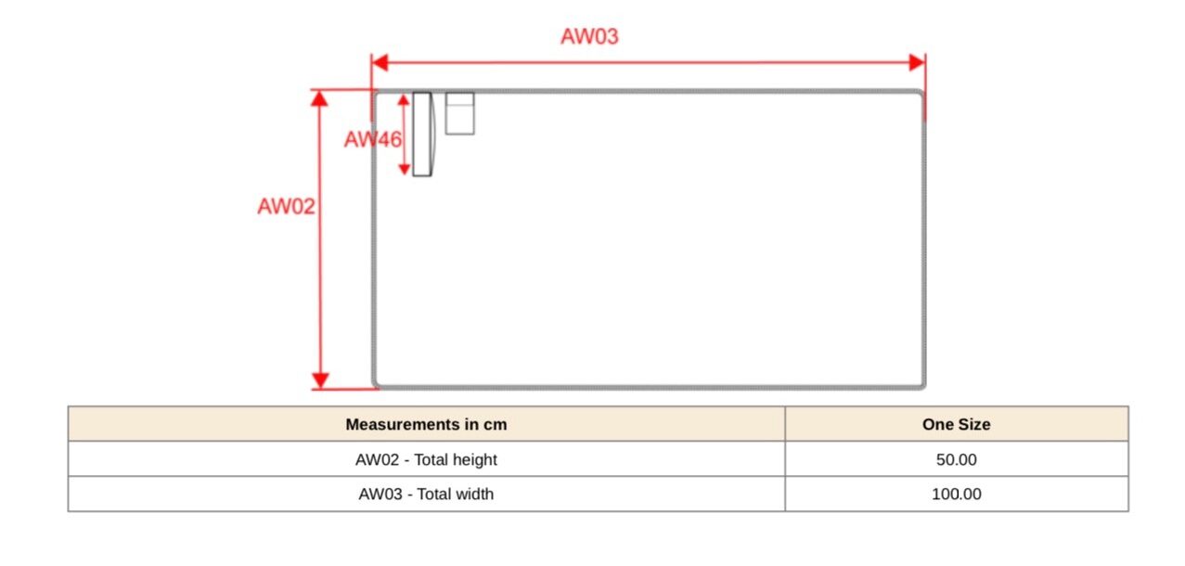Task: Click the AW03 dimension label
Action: (589, 37)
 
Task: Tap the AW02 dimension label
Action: (286, 207)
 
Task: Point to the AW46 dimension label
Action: (372, 140)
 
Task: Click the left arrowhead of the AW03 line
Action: (379, 63)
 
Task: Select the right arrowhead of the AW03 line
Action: (917, 63)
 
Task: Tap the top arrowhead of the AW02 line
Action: (320, 97)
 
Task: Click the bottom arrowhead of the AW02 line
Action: (320, 380)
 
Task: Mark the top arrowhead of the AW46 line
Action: (404, 100)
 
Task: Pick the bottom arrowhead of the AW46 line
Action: (404, 168)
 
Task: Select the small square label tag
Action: (459, 113)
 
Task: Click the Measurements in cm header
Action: (426, 424)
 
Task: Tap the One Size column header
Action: (956, 424)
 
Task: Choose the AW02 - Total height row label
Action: (426, 459)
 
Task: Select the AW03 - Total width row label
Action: (426, 495)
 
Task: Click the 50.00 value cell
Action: (956, 459)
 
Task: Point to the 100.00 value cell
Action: (956, 495)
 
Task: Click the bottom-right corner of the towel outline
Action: (922, 384)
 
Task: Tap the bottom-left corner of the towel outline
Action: (376, 384)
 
